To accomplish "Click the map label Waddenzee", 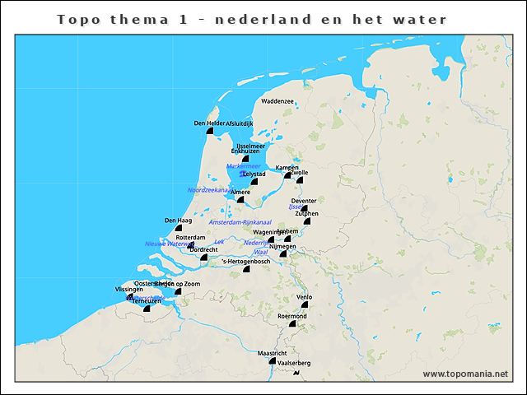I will [x=277, y=101].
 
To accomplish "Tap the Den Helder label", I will [x=209, y=123].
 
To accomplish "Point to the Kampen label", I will [x=287, y=168].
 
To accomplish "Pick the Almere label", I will [x=240, y=193].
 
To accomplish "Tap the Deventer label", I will [x=304, y=201].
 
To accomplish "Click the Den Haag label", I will [x=178, y=221].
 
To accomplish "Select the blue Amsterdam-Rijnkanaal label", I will [x=240, y=222].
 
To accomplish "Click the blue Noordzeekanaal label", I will [x=208, y=190].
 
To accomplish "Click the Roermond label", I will [x=292, y=316].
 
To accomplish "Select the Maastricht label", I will [x=273, y=353].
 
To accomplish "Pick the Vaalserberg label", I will [x=295, y=363].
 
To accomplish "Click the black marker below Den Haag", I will [x=178, y=227].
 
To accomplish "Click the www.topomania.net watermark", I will [x=465, y=374].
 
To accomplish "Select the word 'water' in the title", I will [x=420, y=19].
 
